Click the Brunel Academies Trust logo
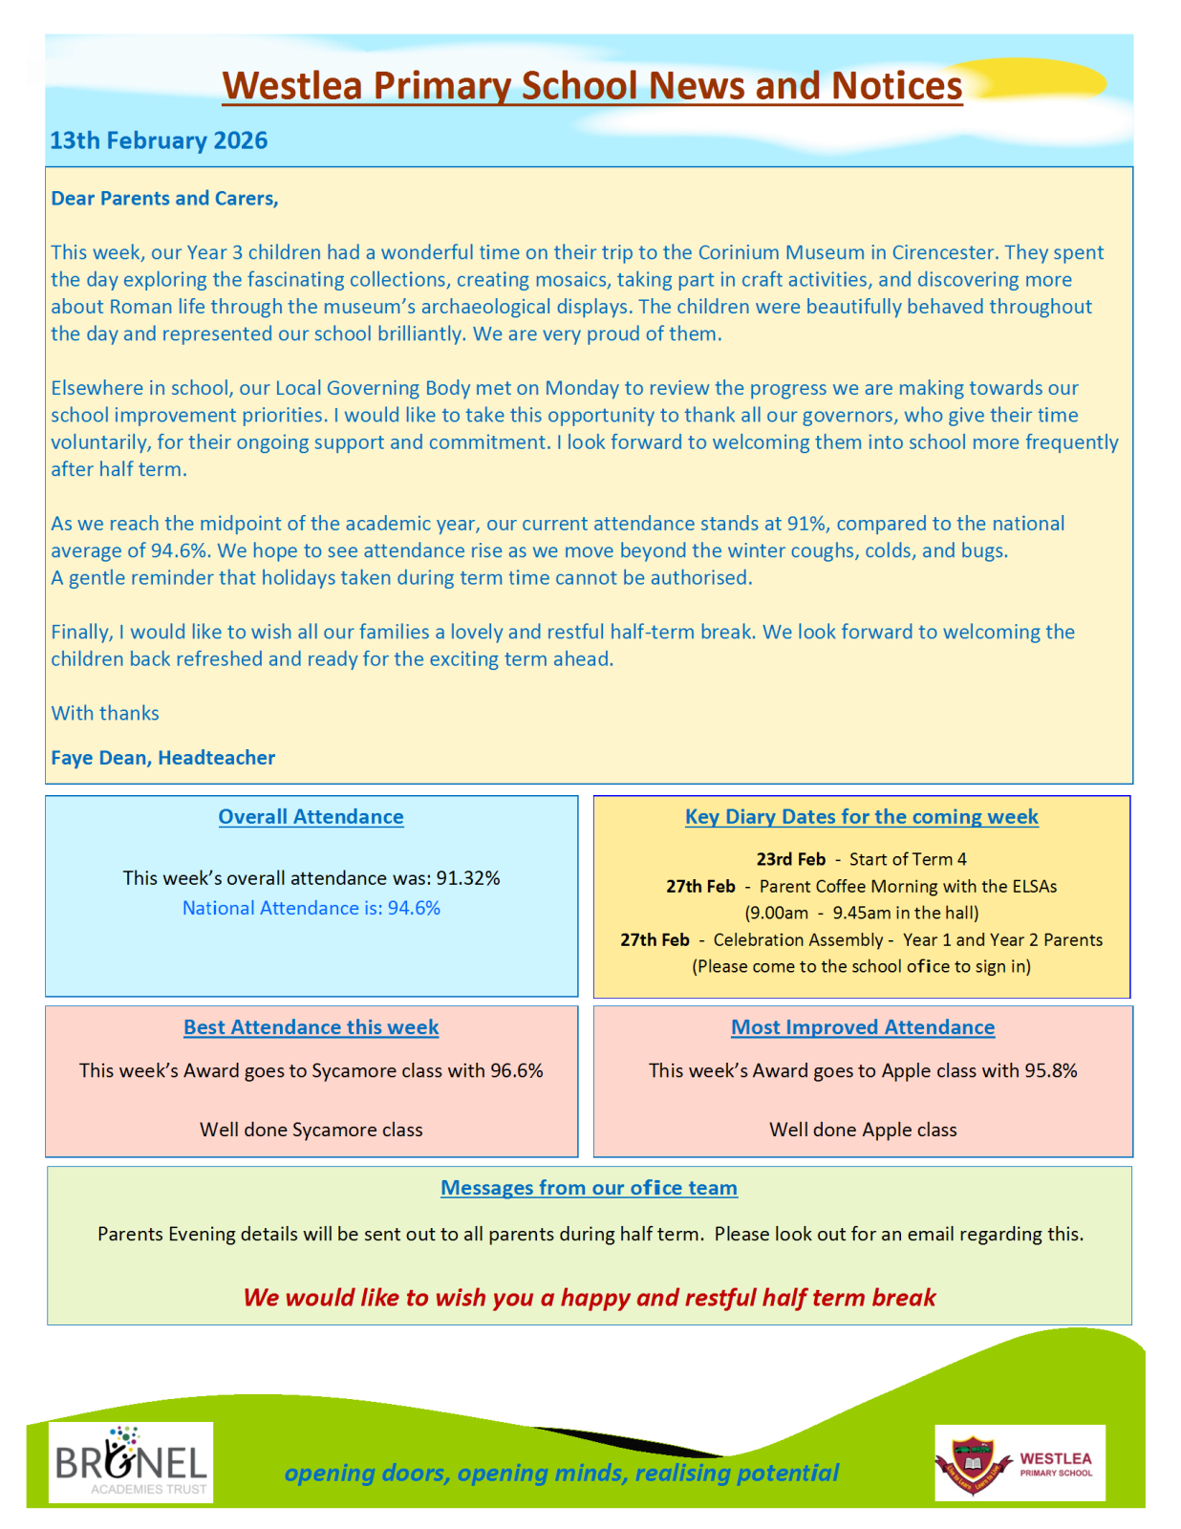pos(131,1462)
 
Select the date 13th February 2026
pos(159,140)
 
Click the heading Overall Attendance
pos(311,817)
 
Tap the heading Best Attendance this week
pos(311,1027)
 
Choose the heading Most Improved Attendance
pos(862,1027)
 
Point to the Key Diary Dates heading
pos(861,817)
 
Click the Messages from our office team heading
pos(589,1188)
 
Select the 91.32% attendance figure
pos(468,878)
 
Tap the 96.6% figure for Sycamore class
pos(516,1070)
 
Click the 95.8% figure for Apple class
pos(1050,1070)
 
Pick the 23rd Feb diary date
pos(790,859)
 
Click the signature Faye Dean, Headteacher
pos(162,758)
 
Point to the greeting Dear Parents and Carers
pos(164,198)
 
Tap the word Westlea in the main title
pos(291,86)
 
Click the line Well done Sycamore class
pos(311,1130)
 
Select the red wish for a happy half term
pos(589,1298)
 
